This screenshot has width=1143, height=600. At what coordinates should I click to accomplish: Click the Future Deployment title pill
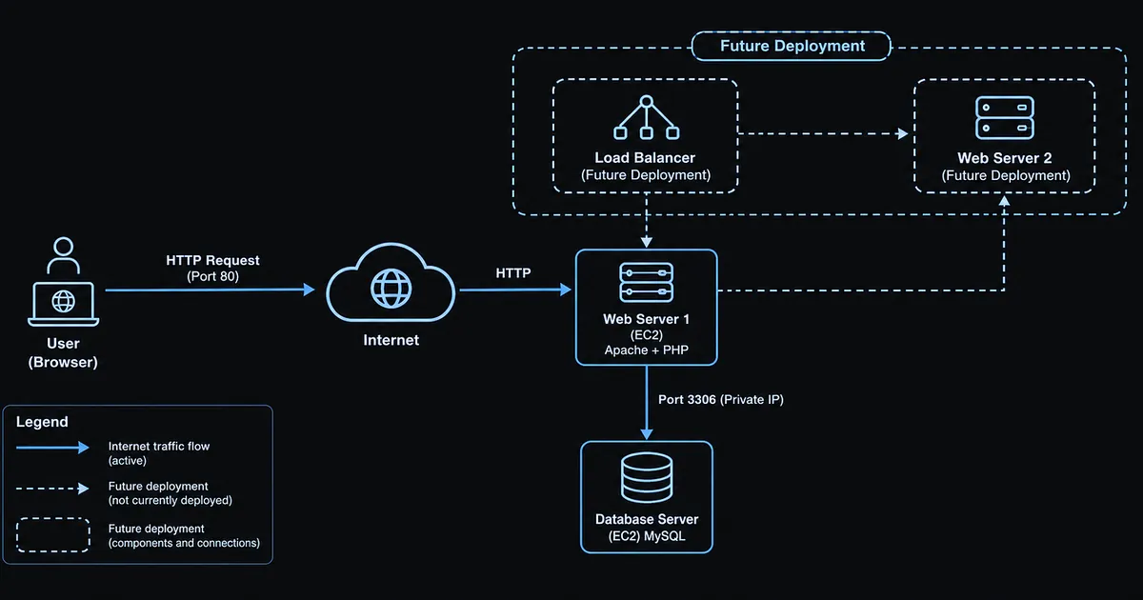click(x=792, y=46)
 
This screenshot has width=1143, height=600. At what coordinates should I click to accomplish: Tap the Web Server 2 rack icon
click(x=1005, y=117)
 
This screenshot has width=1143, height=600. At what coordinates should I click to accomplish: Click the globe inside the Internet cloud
click(x=391, y=289)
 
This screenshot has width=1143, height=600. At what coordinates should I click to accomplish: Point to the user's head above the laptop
click(x=63, y=247)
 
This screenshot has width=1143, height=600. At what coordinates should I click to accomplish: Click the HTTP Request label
click(x=212, y=260)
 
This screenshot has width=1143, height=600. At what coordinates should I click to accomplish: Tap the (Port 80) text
click(x=212, y=276)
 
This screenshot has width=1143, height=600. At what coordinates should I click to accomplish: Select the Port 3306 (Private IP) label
click(x=720, y=399)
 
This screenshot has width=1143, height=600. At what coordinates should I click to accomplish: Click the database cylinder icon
click(x=647, y=477)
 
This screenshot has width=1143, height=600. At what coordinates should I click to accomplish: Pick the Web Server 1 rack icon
click(x=647, y=282)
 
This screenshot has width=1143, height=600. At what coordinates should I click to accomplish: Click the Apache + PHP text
click(x=647, y=350)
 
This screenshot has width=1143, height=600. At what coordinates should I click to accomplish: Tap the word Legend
click(x=42, y=422)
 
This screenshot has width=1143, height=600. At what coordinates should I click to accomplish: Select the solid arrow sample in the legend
click(x=52, y=448)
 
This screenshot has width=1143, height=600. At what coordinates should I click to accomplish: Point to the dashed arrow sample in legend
click(x=52, y=489)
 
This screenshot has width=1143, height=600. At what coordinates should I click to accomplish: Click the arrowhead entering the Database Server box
click(x=647, y=434)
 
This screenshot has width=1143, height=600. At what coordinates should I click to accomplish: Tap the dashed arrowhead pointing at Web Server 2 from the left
click(x=903, y=133)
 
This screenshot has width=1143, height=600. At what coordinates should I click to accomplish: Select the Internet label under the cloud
click(x=391, y=340)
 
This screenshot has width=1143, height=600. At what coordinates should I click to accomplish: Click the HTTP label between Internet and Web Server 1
click(x=513, y=273)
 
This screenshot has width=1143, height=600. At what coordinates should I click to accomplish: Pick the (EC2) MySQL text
click(x=647, y=536)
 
